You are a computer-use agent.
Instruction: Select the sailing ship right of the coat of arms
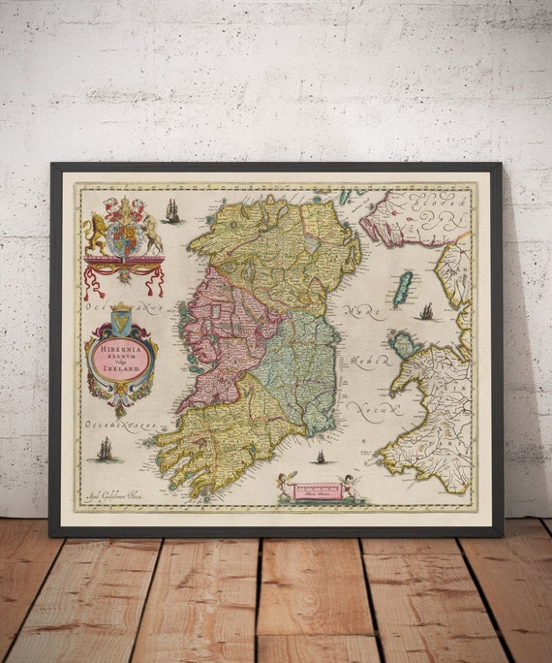172,210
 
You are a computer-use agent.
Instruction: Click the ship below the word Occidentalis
105,449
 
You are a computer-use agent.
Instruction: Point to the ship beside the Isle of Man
426,311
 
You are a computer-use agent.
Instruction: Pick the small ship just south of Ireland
321,457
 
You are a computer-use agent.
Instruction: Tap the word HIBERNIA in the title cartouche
121,344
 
